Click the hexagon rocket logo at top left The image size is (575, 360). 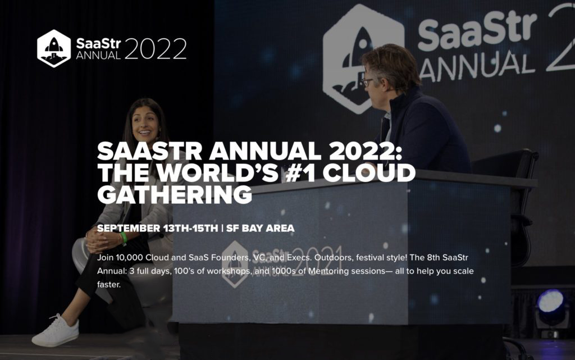[x=54, y=48]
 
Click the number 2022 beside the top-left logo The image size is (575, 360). [x=156, y=49]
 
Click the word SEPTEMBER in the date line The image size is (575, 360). [x=129, y=229]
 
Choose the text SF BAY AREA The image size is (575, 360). [x=261, y=229]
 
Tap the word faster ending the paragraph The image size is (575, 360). [x=109, y=285]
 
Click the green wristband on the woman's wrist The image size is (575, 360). [x=124, y=238]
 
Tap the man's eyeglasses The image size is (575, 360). [x=367, y=81]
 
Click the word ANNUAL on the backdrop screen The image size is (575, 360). [x=477, y=65]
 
